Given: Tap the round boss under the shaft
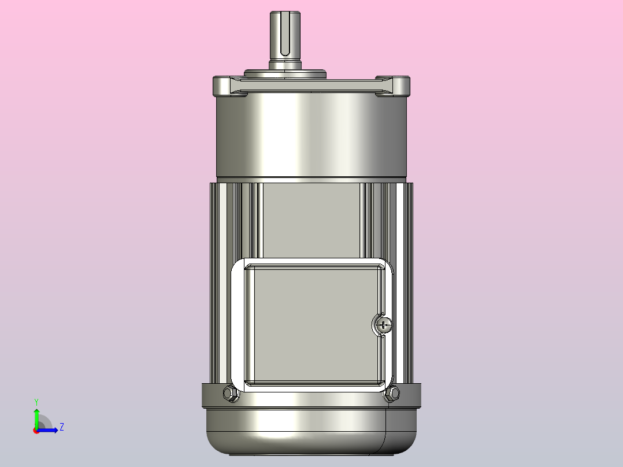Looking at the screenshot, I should (x=285, y=73).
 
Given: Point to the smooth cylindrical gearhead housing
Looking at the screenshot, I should (x=312, y=136).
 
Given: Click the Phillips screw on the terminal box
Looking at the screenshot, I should (x=383, y=325).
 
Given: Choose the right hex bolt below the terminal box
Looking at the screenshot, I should (x=392, y=394).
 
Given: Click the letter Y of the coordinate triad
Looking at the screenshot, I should (x=36, y=401).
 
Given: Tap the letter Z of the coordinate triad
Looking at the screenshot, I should (x=61, y=427).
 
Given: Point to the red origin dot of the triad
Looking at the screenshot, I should (x=36, y=431).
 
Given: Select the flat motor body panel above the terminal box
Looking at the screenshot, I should (x=312, y=220).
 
